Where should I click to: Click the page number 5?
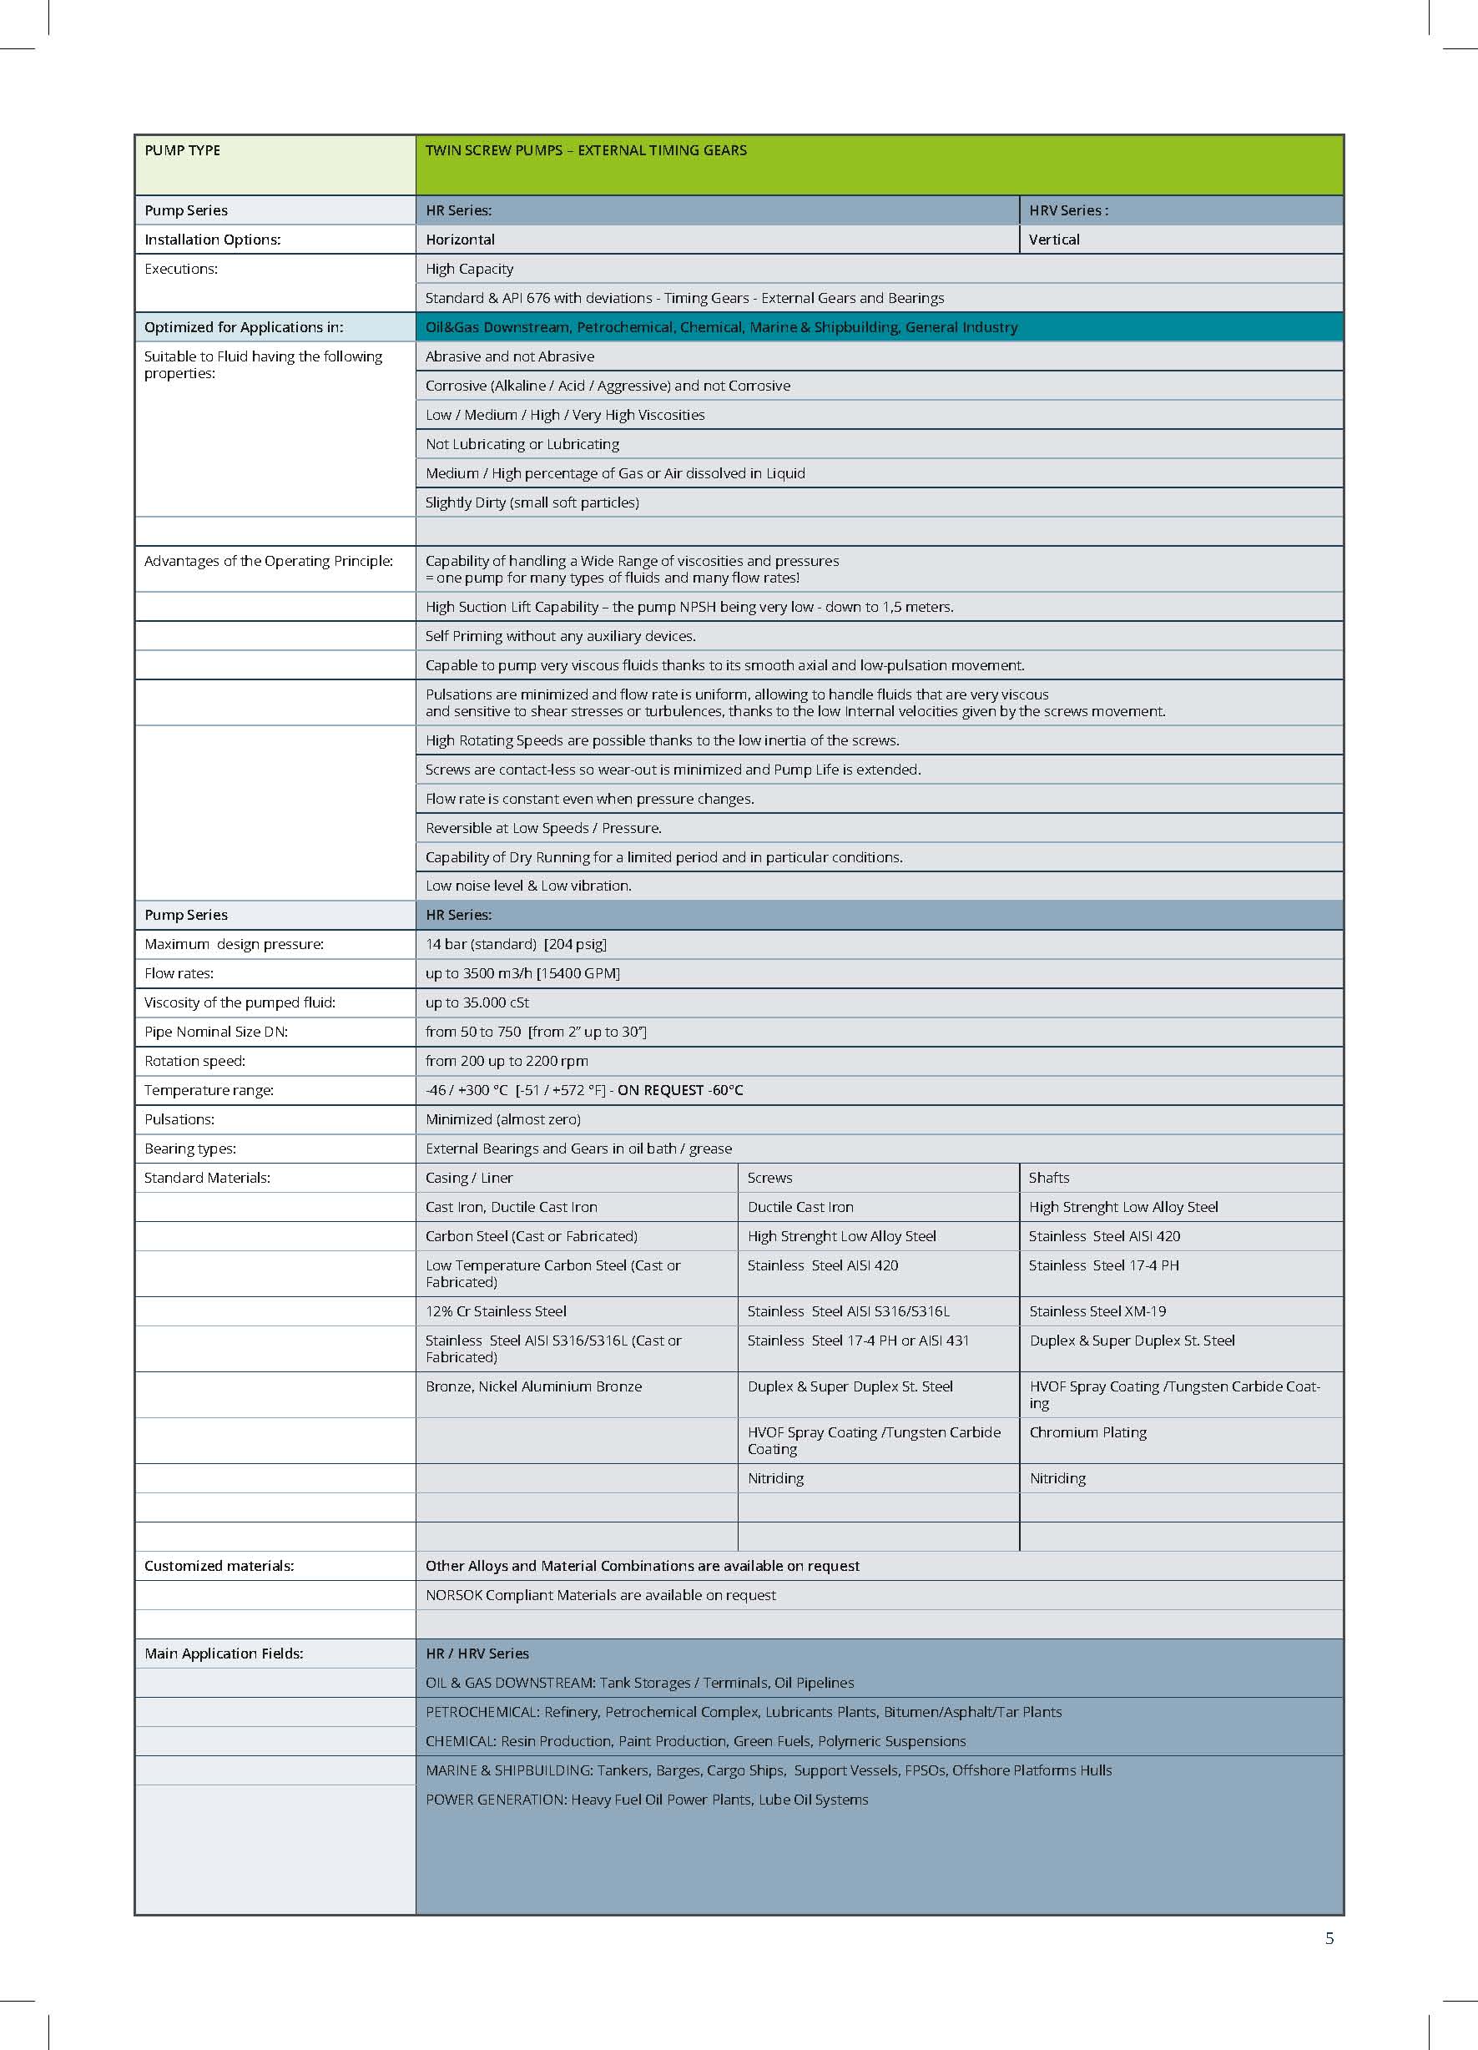point(1329,1938)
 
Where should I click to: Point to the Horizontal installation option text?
point(460,240)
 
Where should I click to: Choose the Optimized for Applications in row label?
point(244,327)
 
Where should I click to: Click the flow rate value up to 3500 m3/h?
point(522,973)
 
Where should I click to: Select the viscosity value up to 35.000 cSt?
point(477,1002)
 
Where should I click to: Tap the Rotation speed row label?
point(194,1061)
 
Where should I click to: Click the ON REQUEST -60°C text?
point(680,1090)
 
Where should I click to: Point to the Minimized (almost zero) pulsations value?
point(503,1119)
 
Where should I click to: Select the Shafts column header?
point(1048,1178)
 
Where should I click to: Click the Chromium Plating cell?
point(1088,1432)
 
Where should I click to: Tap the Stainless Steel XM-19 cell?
point(1097,1311)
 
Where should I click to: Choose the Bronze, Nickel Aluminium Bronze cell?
point(533,1386)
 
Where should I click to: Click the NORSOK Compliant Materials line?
point(600,1595)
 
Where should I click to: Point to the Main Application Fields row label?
point(224,1654)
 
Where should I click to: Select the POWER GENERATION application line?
point(646,1800)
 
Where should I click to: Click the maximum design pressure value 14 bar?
point(516,944)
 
